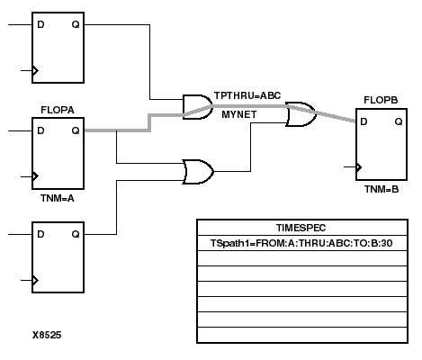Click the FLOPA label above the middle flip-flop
[x=57, y=111]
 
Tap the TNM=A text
[x=57, y=197]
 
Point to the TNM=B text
[x=379, y=190]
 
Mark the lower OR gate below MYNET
[x=197, y=171]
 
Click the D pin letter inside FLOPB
[x=364, y=121]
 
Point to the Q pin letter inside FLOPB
[x=397, y=121]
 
